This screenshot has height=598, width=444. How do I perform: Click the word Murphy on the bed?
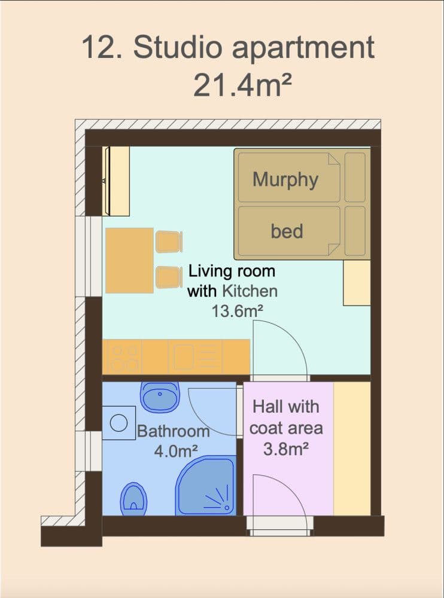point(285,179)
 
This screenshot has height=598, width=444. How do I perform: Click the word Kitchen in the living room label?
point(250,291)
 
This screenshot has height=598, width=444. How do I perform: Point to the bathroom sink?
point(159,396)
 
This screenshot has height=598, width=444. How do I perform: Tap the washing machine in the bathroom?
point(119,423)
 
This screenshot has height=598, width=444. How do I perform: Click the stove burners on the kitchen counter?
point(123,357)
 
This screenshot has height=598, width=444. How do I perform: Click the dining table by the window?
point(129,260)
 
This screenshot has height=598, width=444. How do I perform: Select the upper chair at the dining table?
point(169,242)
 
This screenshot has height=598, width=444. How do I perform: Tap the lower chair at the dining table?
point(169,277)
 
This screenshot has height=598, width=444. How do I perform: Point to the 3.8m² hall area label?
point(285,448)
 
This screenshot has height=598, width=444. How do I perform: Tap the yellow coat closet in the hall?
point(352,448)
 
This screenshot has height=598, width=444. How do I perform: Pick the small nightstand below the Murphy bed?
point(357,283)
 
